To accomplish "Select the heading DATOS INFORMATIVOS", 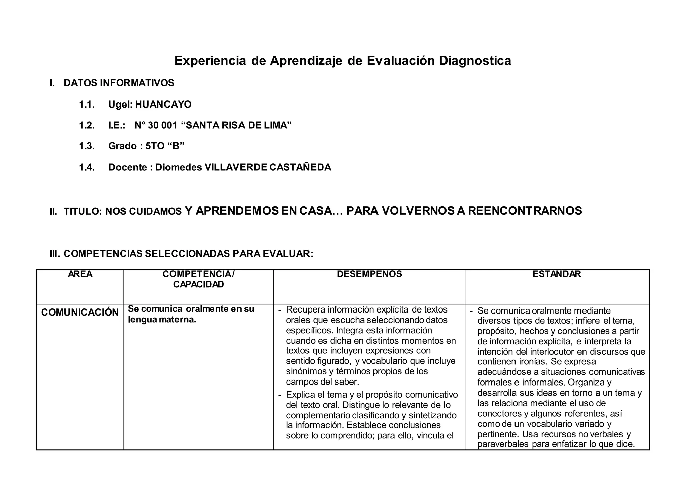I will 119,83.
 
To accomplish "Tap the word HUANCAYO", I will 163,105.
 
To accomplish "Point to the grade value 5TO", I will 155,146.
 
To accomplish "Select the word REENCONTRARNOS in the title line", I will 525,211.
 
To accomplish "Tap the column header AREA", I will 80,274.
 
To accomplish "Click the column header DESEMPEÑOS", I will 369,274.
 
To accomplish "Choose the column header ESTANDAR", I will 557,274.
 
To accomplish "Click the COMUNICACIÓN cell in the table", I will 80,312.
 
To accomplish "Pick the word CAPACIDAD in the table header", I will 198,285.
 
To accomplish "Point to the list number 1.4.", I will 87,167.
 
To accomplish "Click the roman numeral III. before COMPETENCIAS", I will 55,254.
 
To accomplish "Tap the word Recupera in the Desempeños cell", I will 305,309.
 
